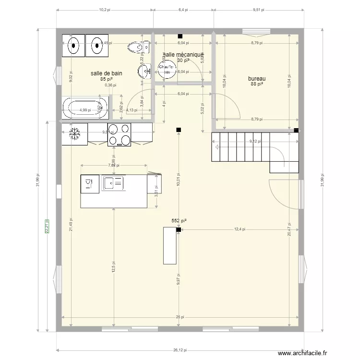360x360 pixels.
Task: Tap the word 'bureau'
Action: (257, 79)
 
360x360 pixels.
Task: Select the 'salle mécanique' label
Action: (183, 55)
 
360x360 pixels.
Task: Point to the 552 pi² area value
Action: (179, 221)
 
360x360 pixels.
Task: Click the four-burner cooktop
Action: (120, 134)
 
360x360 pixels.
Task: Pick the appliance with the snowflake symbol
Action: (74, 134)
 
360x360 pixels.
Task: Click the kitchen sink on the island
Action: (114, 182)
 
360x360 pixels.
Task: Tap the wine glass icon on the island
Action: (88, 182)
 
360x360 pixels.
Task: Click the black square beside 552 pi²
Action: (179, 230)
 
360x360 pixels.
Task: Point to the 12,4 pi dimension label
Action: (239, 229)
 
